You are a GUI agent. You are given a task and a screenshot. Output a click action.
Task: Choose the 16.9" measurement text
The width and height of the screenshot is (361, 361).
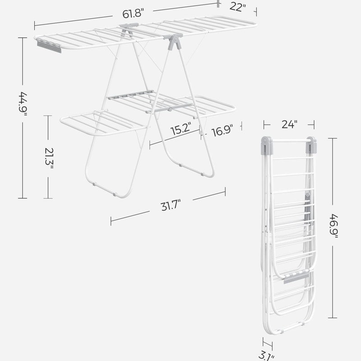click(x=222, y=131)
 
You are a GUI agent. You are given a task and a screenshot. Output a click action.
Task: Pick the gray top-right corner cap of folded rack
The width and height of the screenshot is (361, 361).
click(x=311, y=144)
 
